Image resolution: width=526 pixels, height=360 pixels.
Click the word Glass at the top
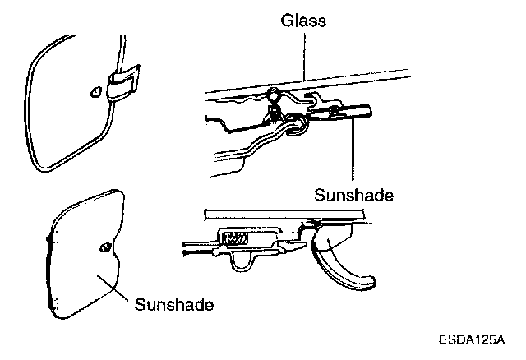302,21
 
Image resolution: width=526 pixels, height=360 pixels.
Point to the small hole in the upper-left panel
95,91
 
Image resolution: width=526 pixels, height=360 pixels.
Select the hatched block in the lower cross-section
236,239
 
